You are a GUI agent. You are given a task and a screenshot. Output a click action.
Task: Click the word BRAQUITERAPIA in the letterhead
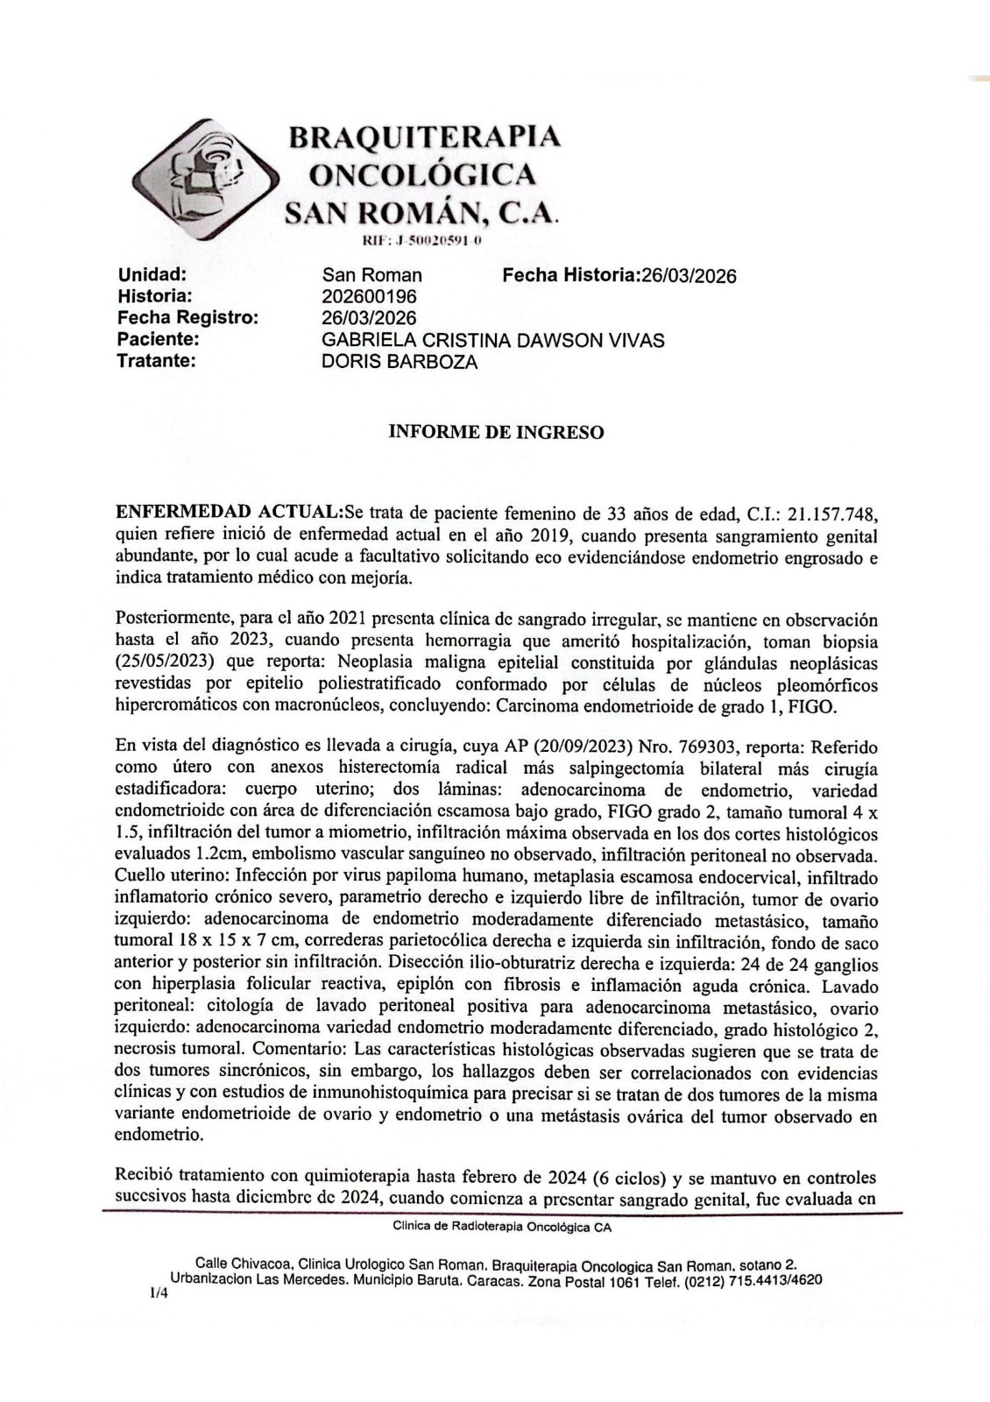[425, 137]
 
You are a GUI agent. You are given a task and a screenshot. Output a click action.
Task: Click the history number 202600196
[370, 297]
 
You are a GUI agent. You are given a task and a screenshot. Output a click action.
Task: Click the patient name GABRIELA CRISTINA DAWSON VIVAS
[493, 340]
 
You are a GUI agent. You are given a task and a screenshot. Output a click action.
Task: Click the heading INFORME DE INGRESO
[495, 433]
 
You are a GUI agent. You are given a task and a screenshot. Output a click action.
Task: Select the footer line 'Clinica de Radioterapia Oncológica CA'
[502, 1227]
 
